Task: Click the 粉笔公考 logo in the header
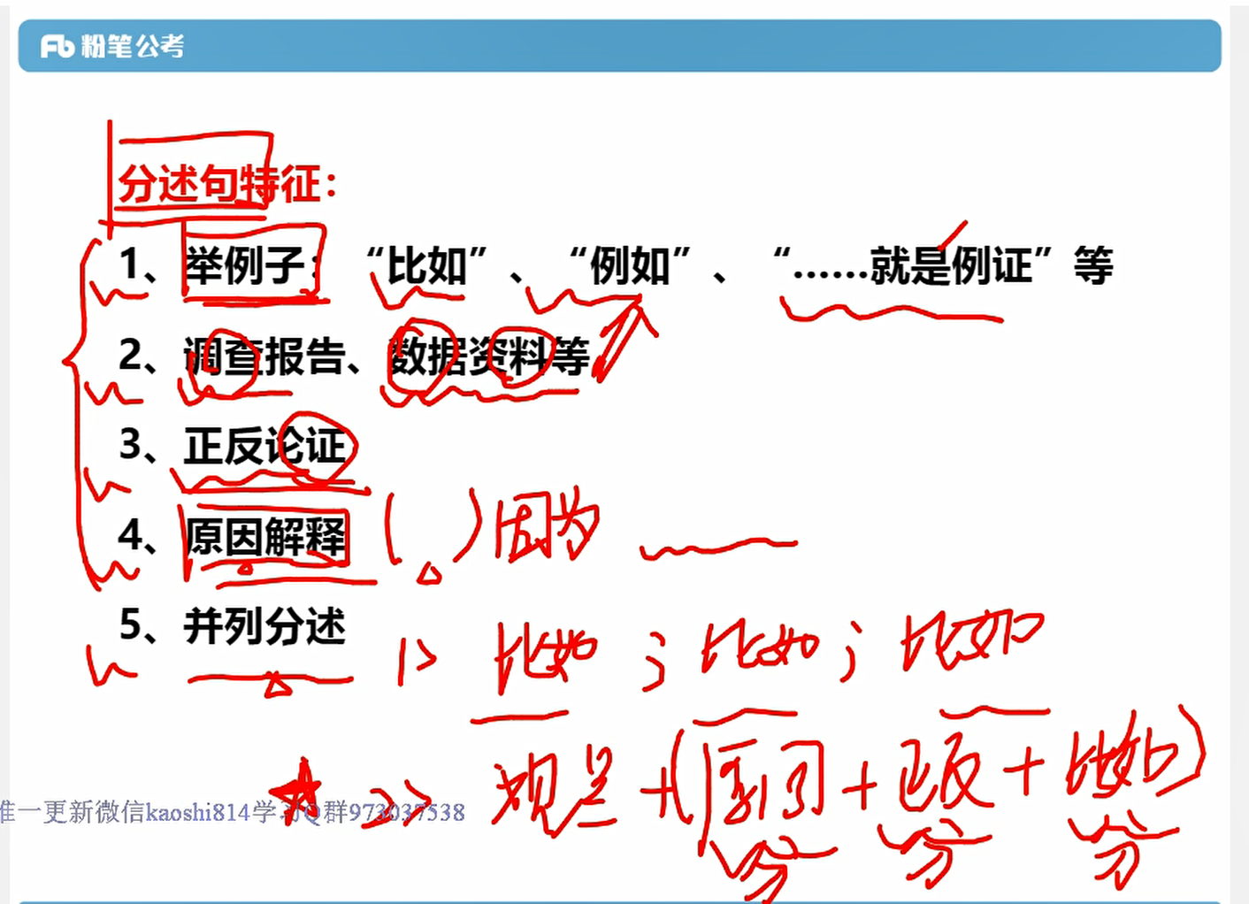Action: pos(112,46)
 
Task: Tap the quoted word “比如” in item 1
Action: pos(426,265)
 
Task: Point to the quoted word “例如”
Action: pos(629,265)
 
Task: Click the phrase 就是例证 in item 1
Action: pos(951,265)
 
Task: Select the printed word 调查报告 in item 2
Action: pos(264,356)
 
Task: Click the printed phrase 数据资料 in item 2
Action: pos(469,356)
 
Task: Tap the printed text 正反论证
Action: pos(264,446)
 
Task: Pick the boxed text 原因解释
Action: pos(265,536)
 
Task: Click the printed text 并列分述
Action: pos(264,626)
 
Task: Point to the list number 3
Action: pos(130,445)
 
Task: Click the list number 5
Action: pos(130,625)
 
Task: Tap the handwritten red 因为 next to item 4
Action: pos(547,528)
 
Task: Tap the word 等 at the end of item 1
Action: pos(1092,265)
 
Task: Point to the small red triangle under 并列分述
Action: pos(277,685)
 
